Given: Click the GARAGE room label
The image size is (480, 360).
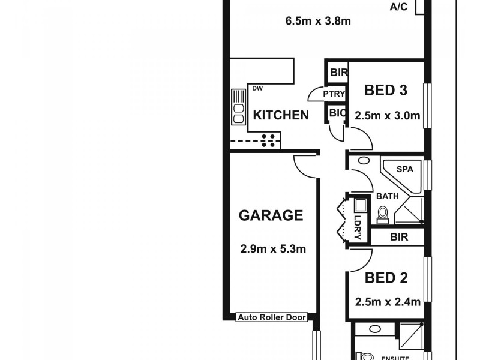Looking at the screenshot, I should tap(271, 215).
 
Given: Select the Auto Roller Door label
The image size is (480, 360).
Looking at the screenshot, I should tap(272, 317).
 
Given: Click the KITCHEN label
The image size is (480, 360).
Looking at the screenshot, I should tap(281, 115).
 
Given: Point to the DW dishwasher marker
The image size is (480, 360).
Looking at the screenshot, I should tap(257, 89).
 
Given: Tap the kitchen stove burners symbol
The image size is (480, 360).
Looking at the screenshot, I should tap(269, 140).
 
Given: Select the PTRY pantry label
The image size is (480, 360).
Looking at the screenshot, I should tap(334, 94).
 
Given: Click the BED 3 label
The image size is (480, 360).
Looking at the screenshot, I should tap(386, 91).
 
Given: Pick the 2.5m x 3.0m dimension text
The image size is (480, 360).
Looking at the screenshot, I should tap(386, 116).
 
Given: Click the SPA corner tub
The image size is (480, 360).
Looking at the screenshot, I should tap(404, 170).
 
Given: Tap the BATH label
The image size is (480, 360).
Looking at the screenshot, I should tap(387, 196).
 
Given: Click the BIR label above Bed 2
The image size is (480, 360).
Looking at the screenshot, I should tap(398, 237).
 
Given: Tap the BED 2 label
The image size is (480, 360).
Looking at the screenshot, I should tap(386, 278).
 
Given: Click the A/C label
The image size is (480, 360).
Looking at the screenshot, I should tap(398, 7).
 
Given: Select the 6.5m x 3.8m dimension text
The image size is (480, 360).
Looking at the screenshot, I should tap(318, 22).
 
